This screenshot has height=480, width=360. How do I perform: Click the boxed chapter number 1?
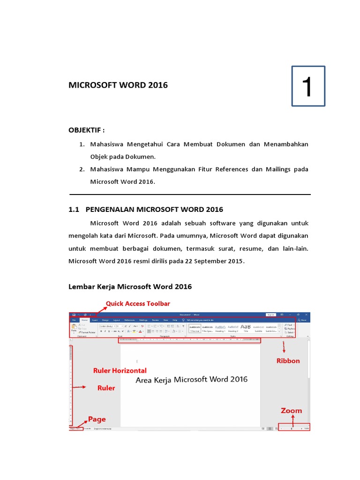pyautogui.click(x=307, y=86)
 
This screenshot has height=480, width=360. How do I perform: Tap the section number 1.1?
pyautogui.click(x=75, y=209)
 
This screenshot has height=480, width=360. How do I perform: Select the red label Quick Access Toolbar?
pyautogui.click(x=138, y=304)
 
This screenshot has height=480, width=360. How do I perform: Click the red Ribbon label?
pyautogui.click(x=288, y=361)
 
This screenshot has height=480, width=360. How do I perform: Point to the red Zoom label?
pyautogui.click(x=291, y=411)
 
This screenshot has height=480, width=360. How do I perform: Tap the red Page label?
pyautogui.click(x=97, y=419)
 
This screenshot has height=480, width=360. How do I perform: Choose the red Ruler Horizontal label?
pyautogui.click(x=120, y=370)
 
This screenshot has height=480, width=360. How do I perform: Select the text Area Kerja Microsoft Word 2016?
pyautogui.click(x=191, y=380)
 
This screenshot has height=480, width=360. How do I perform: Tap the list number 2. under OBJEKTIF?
pyautogui.click(x=82, y=169)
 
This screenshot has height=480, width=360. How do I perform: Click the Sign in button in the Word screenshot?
pyautogui.click(x=270, y=315)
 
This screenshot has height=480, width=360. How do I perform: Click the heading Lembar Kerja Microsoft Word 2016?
pyautogui.click(x=130, y=286)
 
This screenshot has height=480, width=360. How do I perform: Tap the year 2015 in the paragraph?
pyautogui.click(x=235, y=261)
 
